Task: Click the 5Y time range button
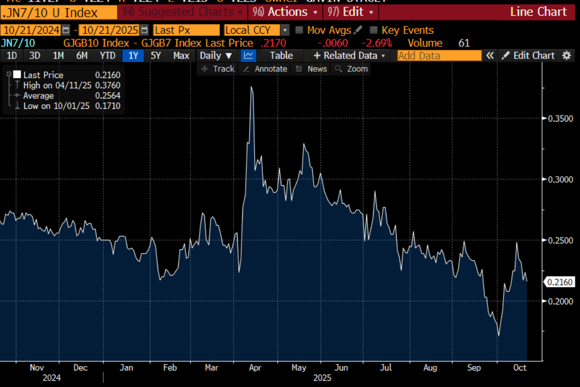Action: (156, 55)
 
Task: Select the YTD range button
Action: (107, 55)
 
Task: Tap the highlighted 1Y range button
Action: (133, 55)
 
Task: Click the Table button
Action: (281, 55)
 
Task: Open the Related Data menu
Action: (349, 55)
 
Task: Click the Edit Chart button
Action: (529, 55)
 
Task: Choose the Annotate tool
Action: (265, 69)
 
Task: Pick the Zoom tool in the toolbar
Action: (352, 69)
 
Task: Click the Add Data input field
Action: (439, 55)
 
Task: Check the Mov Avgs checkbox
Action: (300, 30)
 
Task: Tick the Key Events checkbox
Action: (374, 30)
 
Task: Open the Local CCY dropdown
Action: (285, 30)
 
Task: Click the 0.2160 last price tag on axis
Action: (560, 282)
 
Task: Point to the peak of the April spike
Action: (252, 87)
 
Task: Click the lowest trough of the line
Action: (498, 336)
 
